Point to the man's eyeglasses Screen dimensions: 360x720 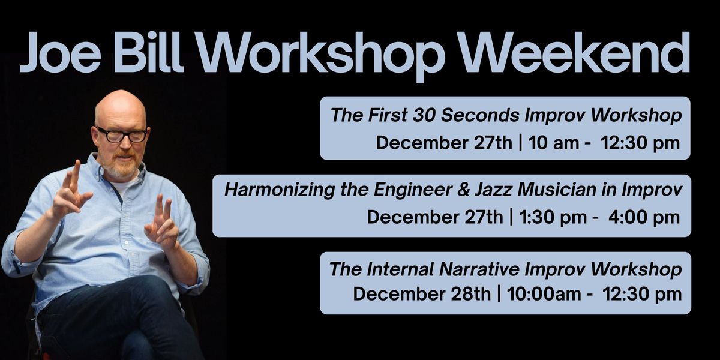(122, 134)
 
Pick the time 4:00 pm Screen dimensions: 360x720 (644, 217)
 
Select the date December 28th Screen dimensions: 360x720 (422, 295)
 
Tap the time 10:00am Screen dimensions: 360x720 (544, 295)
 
